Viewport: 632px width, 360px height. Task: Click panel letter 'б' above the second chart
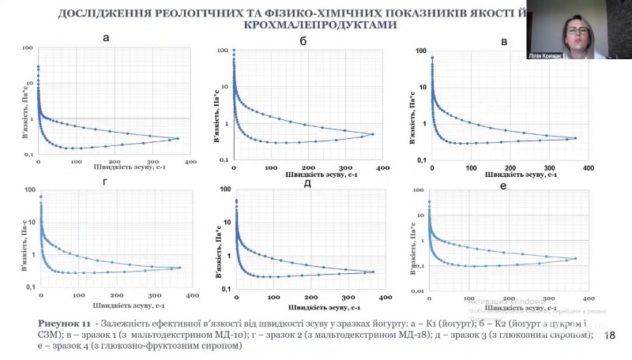pyautogui.click(x=303, y=40)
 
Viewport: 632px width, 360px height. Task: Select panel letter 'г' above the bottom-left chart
pyautogui.click(x=107, y=181)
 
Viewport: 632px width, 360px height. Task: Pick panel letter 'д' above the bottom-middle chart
pyautogui.click(x=308, y=183)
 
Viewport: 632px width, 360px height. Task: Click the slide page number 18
pyautogui.click(x=610, y=336)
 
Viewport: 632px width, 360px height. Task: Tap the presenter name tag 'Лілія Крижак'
pyautogui.click(x=543, y=57)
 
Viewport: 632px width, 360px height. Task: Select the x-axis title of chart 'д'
pyautogui.click(x=325, y=307)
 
